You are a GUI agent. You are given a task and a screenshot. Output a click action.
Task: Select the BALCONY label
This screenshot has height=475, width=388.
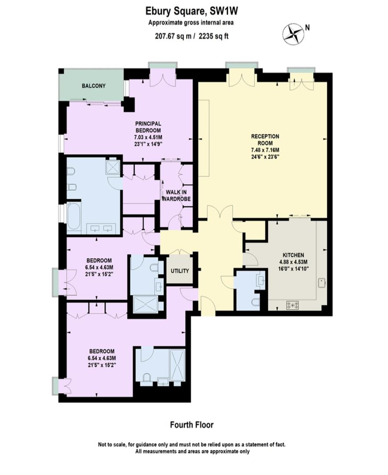[x=94, y=86]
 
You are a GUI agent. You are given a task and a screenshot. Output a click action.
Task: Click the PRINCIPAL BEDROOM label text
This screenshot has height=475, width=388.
[x=148, y=127]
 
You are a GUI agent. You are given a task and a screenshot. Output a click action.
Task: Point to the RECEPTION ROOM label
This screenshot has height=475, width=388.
[x=265, y=140]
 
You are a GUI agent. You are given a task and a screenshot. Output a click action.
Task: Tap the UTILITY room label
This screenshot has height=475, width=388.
[x=179, y=271]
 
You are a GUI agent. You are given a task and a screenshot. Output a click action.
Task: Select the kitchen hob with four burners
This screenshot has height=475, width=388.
[x=293, y=305]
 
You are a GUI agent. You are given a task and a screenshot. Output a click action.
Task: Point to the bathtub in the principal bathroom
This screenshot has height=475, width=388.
[x=73, y=217]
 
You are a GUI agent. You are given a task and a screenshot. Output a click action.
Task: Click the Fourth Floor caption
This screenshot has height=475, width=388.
[x=192, y=425]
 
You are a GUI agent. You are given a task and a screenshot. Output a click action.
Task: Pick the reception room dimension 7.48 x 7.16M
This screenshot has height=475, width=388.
[x=265, y=150]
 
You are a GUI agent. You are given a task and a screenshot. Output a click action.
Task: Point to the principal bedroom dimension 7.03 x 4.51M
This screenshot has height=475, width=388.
[x=148, y=137]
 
